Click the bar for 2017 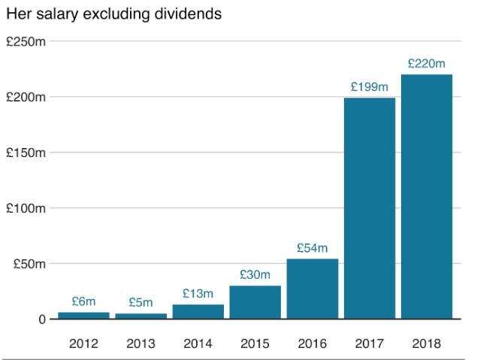tap(370, 208)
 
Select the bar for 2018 tap(427, 197)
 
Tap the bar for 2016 tap(312, 289)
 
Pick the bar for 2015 tap(255, 302)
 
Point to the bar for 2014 tap(198, 311)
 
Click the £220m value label tap(427, 64)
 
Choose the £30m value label tap(255, 275)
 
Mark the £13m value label tap(198, 294)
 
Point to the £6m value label tap(83, 301)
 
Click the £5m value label tap(140, 303)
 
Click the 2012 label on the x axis tap(83, 343)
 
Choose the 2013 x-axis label tap(140, 343)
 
